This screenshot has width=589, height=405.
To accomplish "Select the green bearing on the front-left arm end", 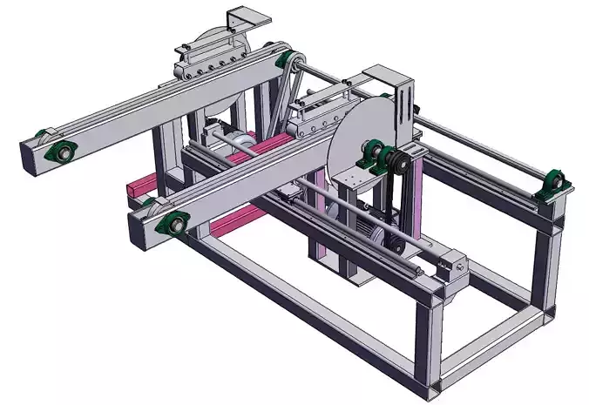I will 172,223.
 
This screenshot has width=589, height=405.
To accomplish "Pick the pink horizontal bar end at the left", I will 132,188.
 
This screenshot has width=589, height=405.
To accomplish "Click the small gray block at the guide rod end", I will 453,266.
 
